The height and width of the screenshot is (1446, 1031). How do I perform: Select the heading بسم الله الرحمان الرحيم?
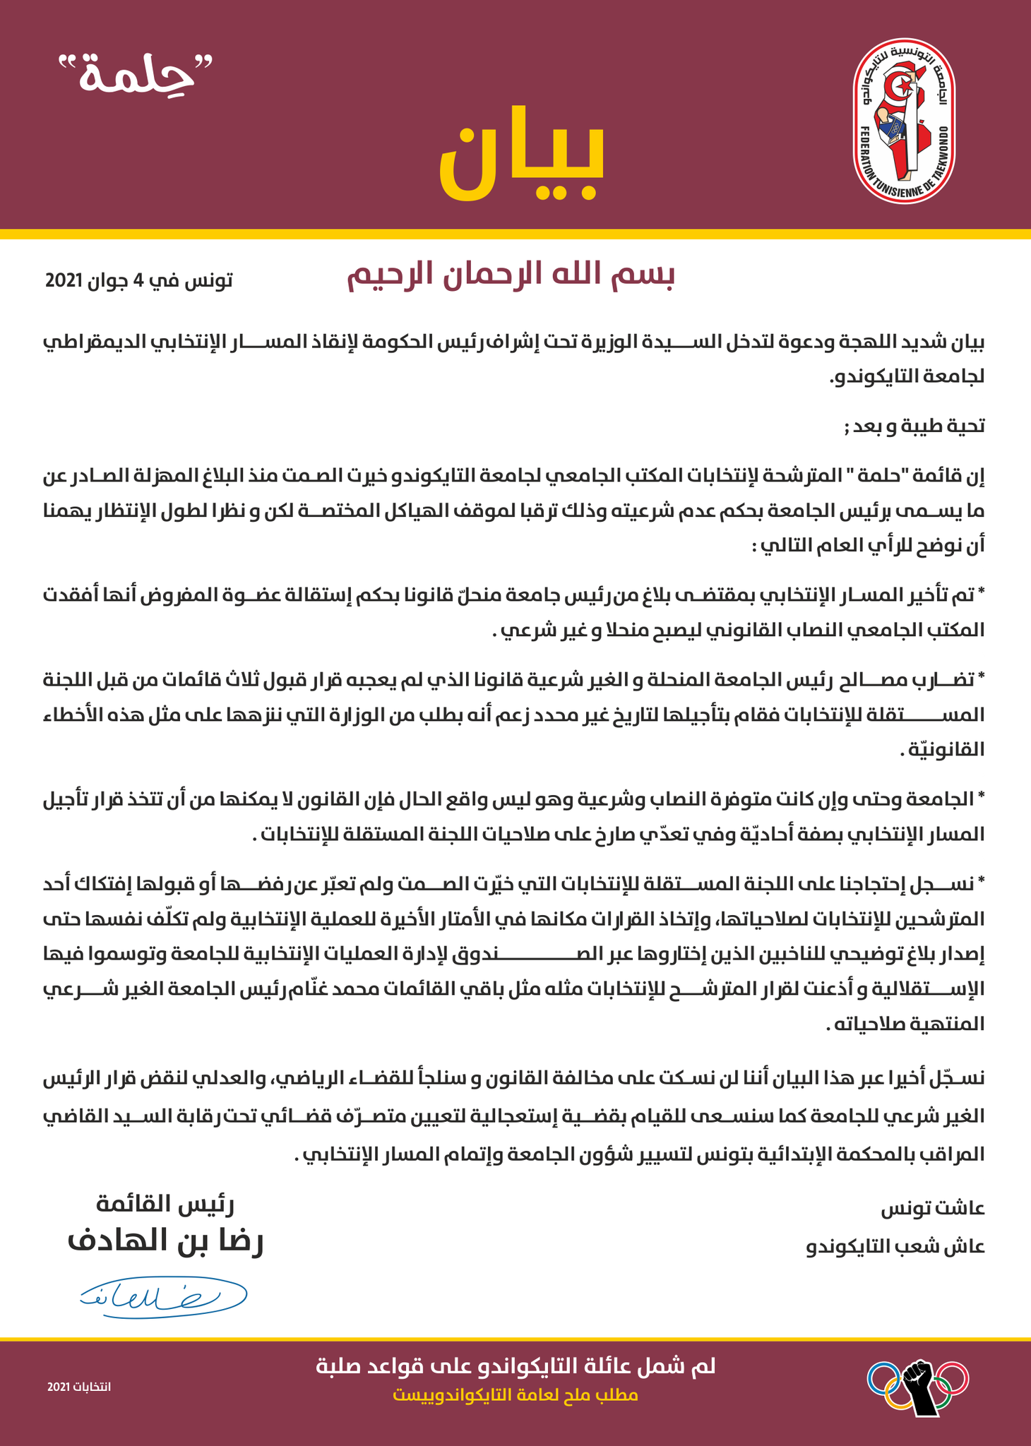coord(511,276)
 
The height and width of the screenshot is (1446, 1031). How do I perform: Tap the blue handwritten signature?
coord(162,1293)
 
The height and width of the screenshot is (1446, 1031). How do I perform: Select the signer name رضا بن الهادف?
coord(166,1242)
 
